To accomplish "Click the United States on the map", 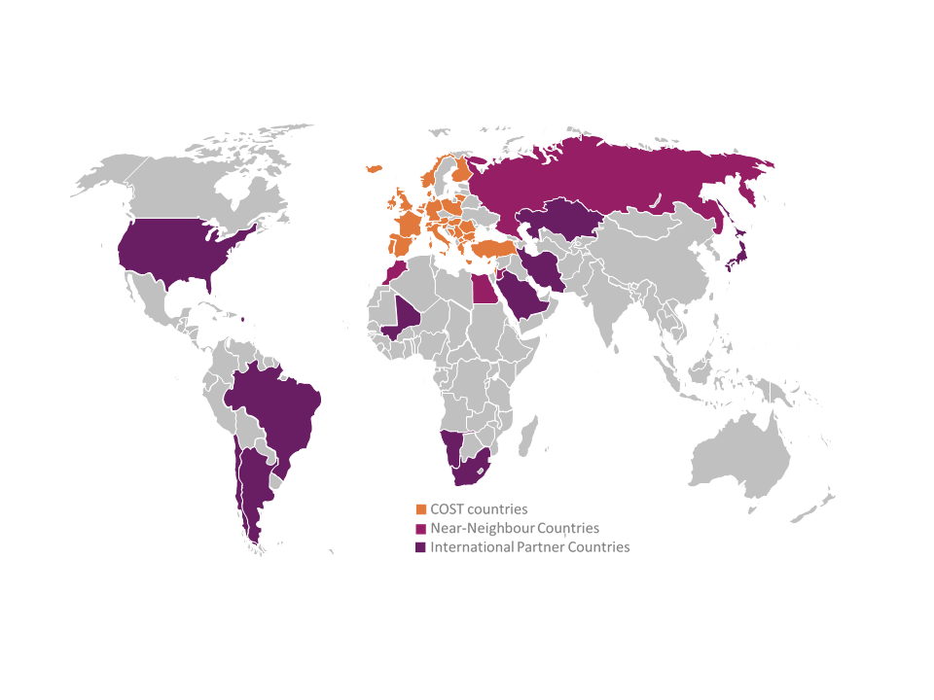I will click(x=180, y=253).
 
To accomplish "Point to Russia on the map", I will click(x=603, y=180).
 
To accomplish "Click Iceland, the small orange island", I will click(x=373, y=170).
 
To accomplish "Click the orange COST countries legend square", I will click(x=421, y=509).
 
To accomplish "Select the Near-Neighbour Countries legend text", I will click(x=515, y=528).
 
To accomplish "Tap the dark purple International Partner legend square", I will click(x=421, y=547).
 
